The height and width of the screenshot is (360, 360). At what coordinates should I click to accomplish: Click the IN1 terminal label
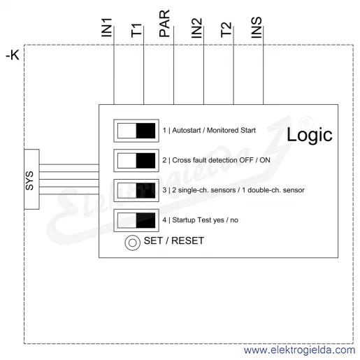(x=107, y=27)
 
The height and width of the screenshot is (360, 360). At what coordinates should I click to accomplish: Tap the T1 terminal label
(x=136, y=30)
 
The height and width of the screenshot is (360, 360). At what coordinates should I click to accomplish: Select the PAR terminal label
(x=164, y=23)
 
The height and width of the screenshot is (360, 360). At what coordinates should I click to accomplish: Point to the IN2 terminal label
(x=196, y=28)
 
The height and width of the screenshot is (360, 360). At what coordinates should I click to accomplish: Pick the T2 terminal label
(x=226, y=29)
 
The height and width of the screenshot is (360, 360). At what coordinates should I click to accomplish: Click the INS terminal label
(x=257, y=27)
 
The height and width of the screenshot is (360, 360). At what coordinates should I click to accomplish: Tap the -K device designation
(x=13, y=55)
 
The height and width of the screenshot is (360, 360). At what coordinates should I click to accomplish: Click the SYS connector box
(x=31, y=179)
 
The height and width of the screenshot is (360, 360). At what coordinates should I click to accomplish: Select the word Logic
(x=310, y=135)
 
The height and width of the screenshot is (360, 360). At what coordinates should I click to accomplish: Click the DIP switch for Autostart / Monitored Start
(x=136, y=131)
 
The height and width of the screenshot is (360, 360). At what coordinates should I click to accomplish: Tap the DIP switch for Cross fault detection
(x=136, y=161)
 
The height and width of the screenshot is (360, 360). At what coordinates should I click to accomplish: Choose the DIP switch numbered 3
(x=136, y=190)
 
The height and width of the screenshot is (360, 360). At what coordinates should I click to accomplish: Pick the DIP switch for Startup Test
(x=136, y=220)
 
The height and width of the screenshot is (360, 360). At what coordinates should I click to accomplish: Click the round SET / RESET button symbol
(x=132, y=243)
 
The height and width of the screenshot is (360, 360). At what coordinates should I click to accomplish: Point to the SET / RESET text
(x=174, y=240)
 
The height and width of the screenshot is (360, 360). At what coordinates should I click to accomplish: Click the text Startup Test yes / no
(x=205, y=220)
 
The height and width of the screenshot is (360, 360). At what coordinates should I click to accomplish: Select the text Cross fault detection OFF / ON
(x=221, y=160)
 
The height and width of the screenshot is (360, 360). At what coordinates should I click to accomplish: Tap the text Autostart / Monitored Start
(x=214, y=130)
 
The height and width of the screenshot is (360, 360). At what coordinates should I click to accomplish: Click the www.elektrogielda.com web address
(x=299, y=350)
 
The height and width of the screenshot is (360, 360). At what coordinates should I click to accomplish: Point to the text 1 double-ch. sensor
(x=273, y=190)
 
